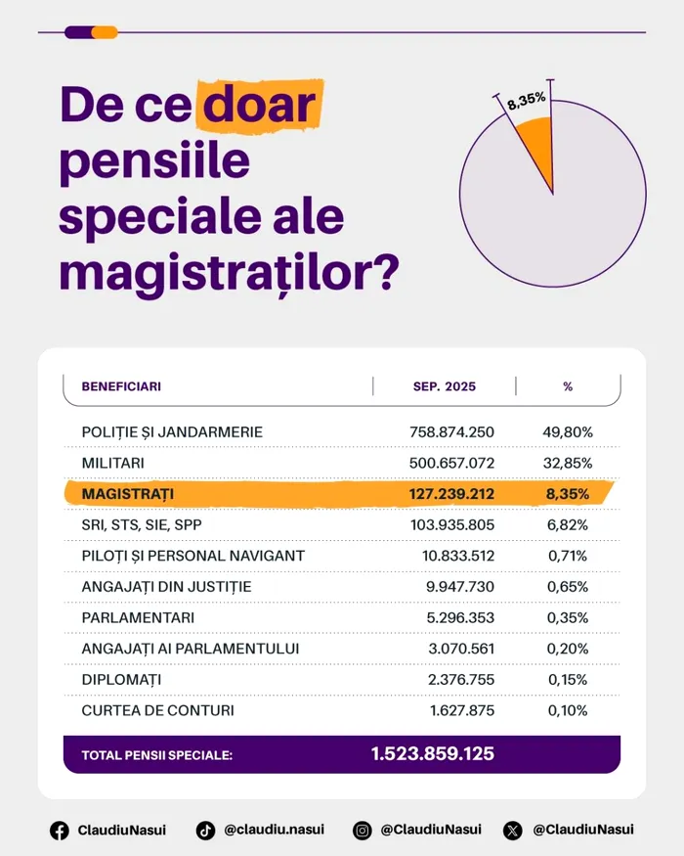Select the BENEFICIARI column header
point(121,386)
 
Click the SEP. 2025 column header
point(445,386)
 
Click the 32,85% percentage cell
point(568,463)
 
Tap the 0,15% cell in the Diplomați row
point(568,680)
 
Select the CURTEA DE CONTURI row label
point(158,711)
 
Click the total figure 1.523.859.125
point(433,754)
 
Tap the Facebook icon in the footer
point(60,831)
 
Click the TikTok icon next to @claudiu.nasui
point(205,831)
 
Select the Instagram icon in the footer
point(362,831)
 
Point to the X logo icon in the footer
point(513,831)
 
